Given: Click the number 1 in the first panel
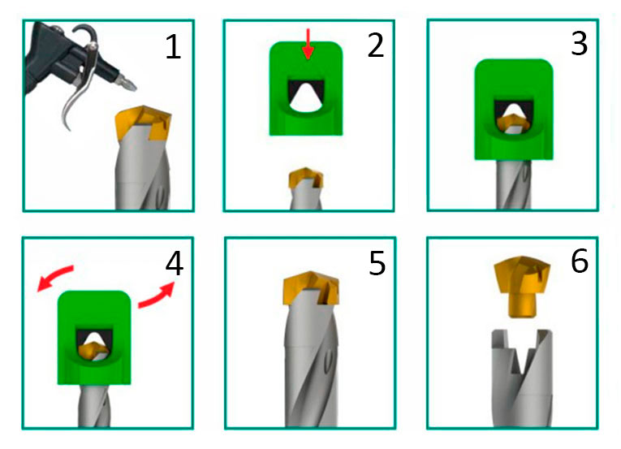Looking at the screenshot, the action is pos(173,47).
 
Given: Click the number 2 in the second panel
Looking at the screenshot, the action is pos(376,45).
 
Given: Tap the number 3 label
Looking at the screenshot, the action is pos(579,44).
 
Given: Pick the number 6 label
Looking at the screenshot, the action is pos(580,261).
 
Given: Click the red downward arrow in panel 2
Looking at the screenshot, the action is pos(308,45).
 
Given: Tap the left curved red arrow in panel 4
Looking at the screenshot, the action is pos(54,278).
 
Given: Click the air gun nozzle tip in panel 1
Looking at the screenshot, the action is pos(132,85).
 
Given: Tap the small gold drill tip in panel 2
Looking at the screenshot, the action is pos(306,178).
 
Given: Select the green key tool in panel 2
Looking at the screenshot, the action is pos(306,89).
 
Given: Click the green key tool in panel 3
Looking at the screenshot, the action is pos(514,110).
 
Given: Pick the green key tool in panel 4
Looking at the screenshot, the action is pos(94,338).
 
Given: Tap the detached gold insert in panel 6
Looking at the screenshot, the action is pos(522,285).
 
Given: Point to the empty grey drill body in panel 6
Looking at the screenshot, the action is pos(522,378).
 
